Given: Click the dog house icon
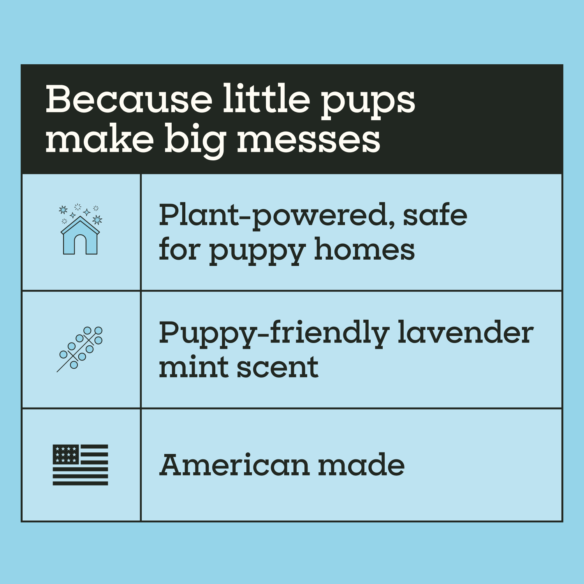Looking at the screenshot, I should (x=80, y=235).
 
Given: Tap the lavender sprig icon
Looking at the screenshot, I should (x=80, y=348).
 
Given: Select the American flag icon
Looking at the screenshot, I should (x=80, y=464).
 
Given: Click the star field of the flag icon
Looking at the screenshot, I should (x=66, y=454).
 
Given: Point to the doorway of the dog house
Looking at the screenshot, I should (x=80, y=245).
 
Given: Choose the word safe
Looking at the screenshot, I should (x=434, y=215).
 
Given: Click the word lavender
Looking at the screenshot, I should (x=466, y=332).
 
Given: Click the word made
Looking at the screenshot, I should (x=361, y=465).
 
